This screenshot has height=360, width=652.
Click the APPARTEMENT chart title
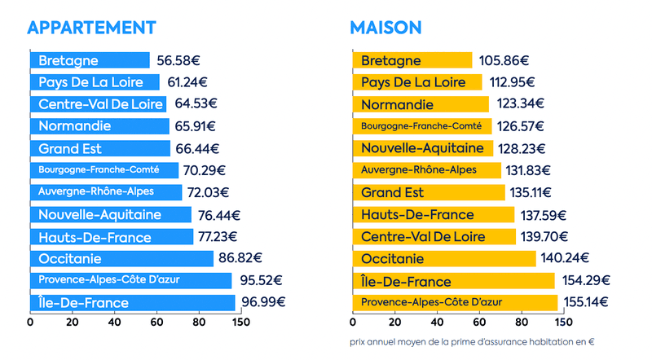(x=91, y=27)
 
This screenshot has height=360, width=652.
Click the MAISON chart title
(x=385, y=27)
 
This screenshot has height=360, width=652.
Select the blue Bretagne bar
(x=90, y=60)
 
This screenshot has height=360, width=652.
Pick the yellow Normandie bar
(x=421, y=104)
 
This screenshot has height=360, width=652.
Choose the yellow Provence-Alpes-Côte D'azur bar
(x=455, y=302)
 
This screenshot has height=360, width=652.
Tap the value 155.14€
(x=586, y=302)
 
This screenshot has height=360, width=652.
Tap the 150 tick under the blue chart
(x=240, y=322)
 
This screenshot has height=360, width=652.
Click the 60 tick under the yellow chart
(x=437, y=322)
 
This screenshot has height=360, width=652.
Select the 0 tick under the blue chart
(x=31, y=322)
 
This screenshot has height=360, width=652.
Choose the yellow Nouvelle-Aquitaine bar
(x=423, y=148)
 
